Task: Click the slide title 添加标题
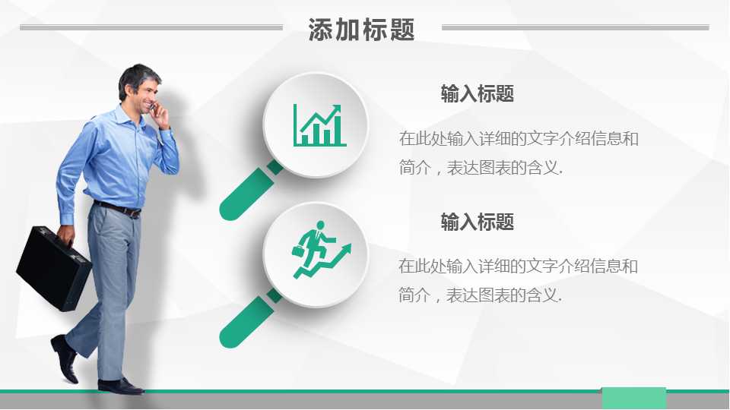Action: (x=362, y=30)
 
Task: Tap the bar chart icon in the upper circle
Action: (x=319, y=125)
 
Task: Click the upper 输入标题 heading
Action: (x=478, y=94)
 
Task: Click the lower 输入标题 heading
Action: (x=478, y=222)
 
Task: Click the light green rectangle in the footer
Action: (x=633, y=398)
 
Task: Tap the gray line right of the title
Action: (x=575, y=28)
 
